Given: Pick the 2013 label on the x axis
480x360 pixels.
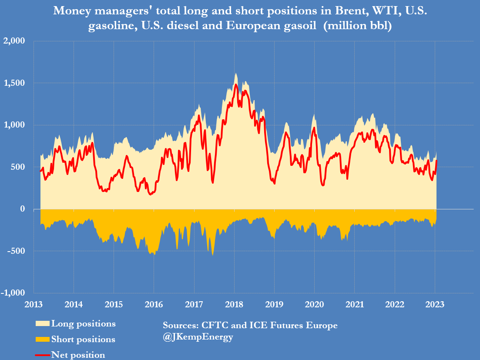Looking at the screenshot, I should click(34, 305).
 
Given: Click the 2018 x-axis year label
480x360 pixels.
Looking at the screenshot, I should click(234, 305).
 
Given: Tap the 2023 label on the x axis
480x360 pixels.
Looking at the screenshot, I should click(435, 305).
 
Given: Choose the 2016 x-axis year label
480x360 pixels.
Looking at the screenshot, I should click(154, 305).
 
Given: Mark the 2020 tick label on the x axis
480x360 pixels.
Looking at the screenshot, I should click(314, 305).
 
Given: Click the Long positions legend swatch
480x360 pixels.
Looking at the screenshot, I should click(42, 324).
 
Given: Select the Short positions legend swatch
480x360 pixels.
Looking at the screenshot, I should click(42, 339).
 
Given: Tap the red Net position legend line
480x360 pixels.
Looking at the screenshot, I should click(42, 355).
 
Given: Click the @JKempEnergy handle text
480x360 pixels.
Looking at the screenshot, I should click(198, 337).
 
